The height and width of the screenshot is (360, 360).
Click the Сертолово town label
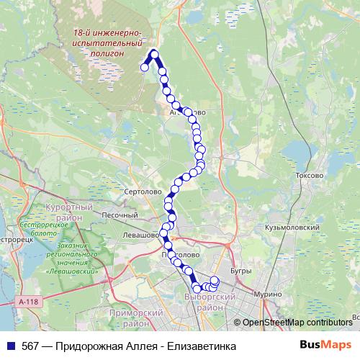[143, 193]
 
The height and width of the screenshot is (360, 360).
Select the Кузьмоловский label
[291, 227]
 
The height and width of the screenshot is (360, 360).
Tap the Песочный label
[119, 215]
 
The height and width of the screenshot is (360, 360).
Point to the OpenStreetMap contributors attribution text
[297, 323]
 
